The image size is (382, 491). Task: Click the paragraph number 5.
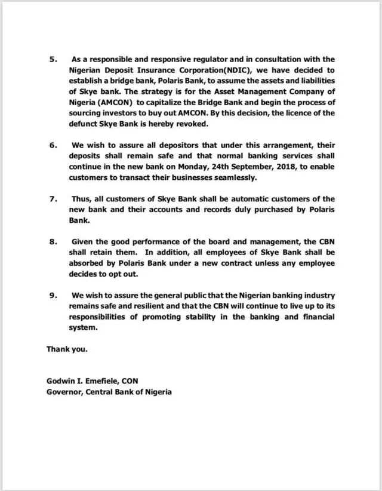pyautogui.click(x=52, y=59)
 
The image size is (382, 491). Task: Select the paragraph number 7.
pyautogui.click(x=52, y=198)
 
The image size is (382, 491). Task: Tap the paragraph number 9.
pyautogui.click(x=52, y=296)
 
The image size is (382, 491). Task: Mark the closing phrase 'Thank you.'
pyautogui.click(x=67, y=349)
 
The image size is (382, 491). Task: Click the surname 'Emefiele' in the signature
pyautogui.click(x=109, y=382)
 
